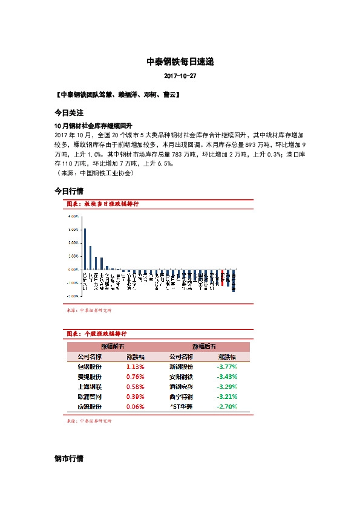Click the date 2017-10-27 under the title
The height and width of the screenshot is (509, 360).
pos(180,77)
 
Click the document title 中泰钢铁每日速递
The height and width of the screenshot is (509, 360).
pos(180,62)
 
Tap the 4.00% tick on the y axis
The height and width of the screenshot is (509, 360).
pos(73,216)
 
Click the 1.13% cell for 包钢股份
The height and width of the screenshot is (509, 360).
pos(136,366)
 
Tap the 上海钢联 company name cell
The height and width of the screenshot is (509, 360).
pos(90,386)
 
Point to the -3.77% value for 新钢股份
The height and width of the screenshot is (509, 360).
pos(227,366)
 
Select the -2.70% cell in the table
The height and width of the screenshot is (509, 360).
pos(227,407)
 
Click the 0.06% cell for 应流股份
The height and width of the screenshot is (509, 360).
pos(136,407)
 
